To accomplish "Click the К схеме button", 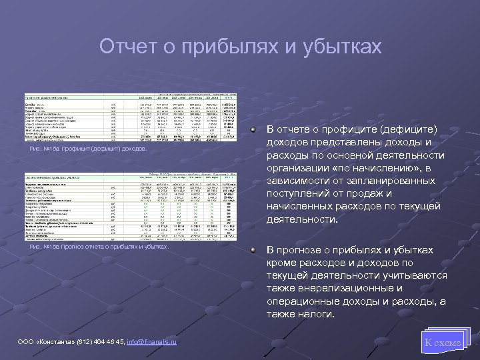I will tap(442, 342).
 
